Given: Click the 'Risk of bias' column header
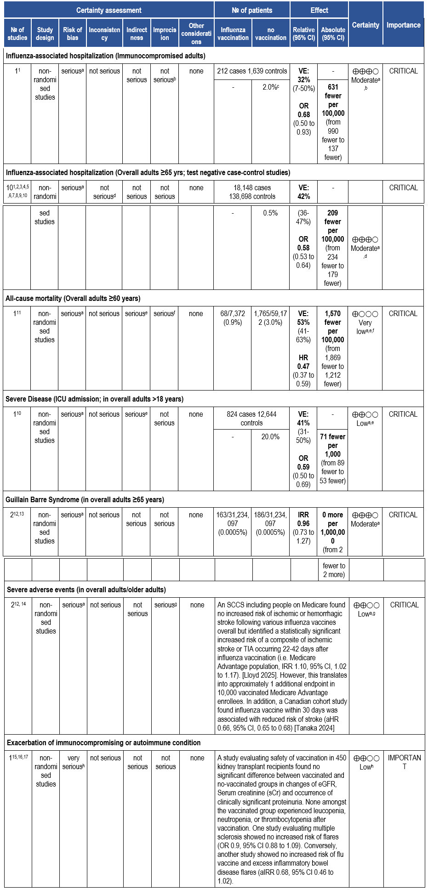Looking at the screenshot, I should pos(73,34).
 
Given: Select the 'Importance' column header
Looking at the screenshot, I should pos(403,25).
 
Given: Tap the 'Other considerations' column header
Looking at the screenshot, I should pos(196,34).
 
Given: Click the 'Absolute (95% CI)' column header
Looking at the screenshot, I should pos(333,34).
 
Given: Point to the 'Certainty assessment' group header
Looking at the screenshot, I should pos(109,10).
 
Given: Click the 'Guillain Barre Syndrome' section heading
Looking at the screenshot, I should pos(85,499).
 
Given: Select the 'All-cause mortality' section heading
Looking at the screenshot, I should pos(73,298).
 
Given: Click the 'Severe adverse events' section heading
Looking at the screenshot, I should pos(86,589).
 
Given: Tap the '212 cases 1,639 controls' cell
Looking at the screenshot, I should pos(252,71).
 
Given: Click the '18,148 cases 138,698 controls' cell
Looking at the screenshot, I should pos(252,192).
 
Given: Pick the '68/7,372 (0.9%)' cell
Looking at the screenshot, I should pos(233,318).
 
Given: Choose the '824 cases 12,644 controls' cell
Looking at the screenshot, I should pos(251,419).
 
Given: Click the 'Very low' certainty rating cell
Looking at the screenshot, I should pos(365,323).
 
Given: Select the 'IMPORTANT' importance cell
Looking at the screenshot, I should pos(404,762).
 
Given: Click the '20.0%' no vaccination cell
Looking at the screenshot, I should pos(270,436).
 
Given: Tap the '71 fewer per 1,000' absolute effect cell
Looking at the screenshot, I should pos(333,459).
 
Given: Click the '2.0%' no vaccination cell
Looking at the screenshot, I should pos(270,87).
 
